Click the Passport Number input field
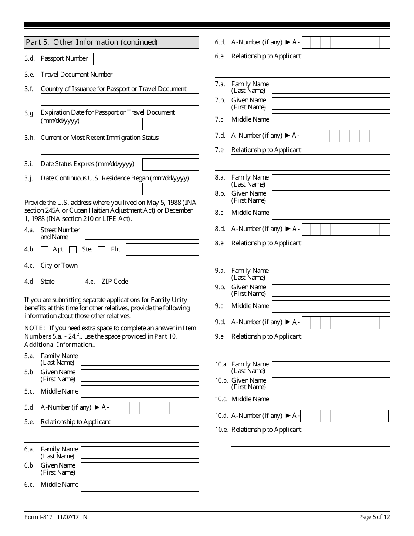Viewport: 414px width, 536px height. pyautogui.click(x=146, y=59)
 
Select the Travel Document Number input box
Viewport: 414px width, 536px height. pyautogui.click(x=158, y=75)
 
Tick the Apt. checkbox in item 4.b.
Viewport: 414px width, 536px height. pyautogui.click(x=44, y=250)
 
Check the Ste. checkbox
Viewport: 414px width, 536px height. pyautogui.click(x=73, y=250)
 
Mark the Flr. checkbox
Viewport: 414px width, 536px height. pyautogui.click(x=102, y=250)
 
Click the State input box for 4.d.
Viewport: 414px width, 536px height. pyautogui.click(x=69, y=282)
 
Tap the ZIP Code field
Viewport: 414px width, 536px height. pyautogui.click(x=164, y=282)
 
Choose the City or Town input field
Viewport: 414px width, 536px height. pyautogui.click(x=142, y=266)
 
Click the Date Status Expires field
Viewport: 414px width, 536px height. pyautogui.click(x=170, y=164)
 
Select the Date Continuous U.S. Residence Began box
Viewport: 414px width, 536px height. pyautogui.click(x=170, y=189)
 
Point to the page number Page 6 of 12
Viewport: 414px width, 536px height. pyautogui.click(x=374, y=517)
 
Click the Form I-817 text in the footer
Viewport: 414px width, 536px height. pyautogui.click(x=38, y=517)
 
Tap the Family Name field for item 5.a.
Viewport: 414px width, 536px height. pyautogui.click(x=140, y=359)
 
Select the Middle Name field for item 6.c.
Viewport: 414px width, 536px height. pyautogui.click(x=140, y=485)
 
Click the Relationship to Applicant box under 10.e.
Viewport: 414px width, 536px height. pyautogui.click(x=310, y=440)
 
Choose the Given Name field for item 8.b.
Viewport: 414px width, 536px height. pyautogui.click(x=331, y=197)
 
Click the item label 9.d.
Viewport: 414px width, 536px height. pyautogui.click(x=220, y=322)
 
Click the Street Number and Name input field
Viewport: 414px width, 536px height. pyautogui.click(x=142, y=233)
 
